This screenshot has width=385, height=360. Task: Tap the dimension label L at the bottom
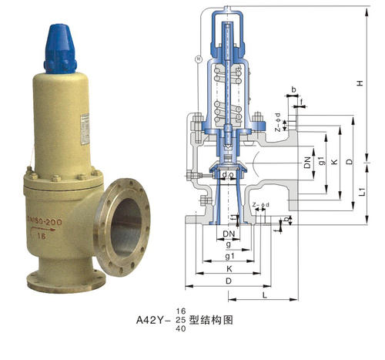[264, 295]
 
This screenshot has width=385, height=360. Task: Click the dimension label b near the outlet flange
[293, 89]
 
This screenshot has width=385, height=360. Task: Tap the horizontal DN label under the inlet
[229, 234]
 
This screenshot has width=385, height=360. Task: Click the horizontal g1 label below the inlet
[229, 255]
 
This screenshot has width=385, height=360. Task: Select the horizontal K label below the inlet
[229, 269]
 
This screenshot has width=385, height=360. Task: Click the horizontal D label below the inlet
[229, 283]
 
